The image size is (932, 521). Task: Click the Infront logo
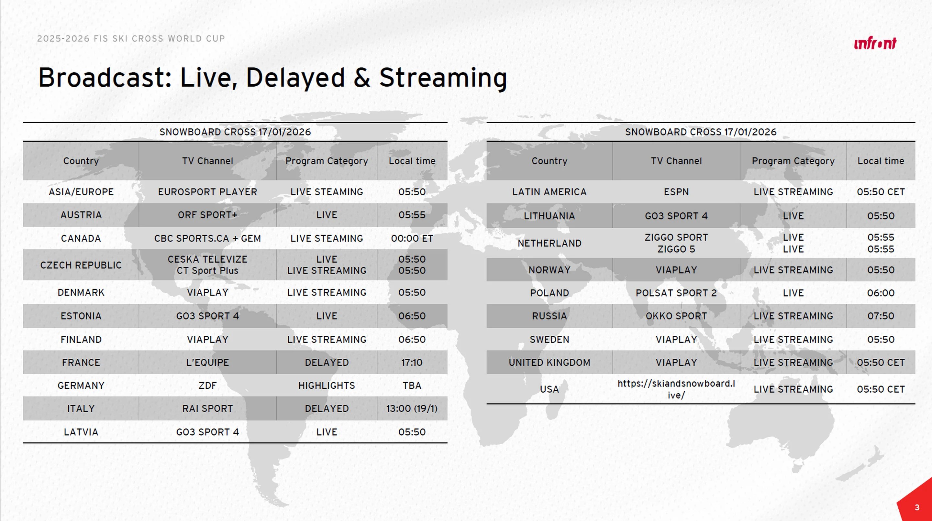tap(875, 43)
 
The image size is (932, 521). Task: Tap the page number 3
tap(917, 507)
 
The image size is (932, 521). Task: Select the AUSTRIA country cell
tap(81, 215)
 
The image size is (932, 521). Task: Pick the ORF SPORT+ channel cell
tap(207, 215)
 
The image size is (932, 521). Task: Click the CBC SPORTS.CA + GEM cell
tap(207, 238)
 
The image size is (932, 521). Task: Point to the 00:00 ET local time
tap(412, 238)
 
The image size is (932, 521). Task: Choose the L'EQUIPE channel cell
tap(207, 362)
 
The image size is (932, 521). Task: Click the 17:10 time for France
tap(412, 362)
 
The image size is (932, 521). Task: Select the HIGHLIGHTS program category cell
tap(327, 385)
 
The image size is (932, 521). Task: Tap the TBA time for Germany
tap(412, 385)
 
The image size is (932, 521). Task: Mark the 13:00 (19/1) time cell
tap(412, 408)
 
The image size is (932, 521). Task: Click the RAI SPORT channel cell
tap(207, 408)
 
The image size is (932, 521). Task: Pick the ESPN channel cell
tap(676, 192)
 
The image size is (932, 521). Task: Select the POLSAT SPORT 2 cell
tap(676, 293)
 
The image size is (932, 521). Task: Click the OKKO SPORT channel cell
tap(676, 316)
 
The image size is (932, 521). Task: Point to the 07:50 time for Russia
tap(881, 316)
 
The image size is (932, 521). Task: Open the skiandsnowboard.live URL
tap(676, 389)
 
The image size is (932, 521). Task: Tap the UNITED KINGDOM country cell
tap(549, 362)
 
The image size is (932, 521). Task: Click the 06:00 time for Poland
tap(881, 293)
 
